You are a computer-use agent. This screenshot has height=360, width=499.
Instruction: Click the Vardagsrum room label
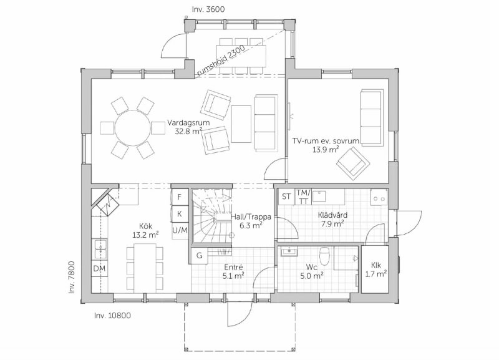pyautogui.click(x=189, y=123)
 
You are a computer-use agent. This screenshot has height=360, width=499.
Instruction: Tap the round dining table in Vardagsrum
pyautogui.click(x=132, y=128)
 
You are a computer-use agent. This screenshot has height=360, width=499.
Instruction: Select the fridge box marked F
pyautogui.click(x=179, y=197)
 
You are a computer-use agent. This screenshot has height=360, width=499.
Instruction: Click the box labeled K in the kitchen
pyautogui.click(x=179, y=214)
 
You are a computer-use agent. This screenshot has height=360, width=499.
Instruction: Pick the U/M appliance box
pyautogui.click(x=180, y=230)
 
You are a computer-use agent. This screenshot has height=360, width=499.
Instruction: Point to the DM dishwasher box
pyautogui.click(x=99, y=269)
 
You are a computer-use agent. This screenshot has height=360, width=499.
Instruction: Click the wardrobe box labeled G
pyautogui.click(x=200, y=255)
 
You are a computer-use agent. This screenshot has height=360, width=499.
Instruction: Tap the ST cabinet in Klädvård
pyautogui.click(x=286, y=197)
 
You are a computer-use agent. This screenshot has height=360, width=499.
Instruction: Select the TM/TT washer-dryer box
pyautogui.click(x=303, y=197)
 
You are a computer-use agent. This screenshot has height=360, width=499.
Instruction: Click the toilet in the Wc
pyautogui.click(x=325, y=256)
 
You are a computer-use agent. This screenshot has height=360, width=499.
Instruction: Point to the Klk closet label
pyautogui.click(x=376, y=265)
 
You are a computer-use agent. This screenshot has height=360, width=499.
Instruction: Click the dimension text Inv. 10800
pyautogui.click(x=112, y=316)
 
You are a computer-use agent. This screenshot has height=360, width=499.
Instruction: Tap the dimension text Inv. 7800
pyautogui.click(x=72, y=277)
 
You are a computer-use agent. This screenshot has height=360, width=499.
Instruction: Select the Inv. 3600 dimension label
pyautogui.click(x=208, y=9)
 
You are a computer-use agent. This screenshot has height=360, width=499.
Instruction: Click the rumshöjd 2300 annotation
pyautogui.click(x=221, y=61)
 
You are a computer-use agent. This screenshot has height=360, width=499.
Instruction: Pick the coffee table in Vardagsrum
pyautogui.click(x=241, y=124)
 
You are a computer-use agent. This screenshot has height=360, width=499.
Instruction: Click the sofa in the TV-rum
pyautogui.click(x=372, y=117)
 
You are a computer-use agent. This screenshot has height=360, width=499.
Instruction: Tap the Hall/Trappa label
pyautogui.click(x=251, y=217)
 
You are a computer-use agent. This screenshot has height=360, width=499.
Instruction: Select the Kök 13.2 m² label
pyautogui.click(x=145, y=230)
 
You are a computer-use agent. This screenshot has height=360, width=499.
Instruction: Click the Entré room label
pyautogui.click(x=233, y=267)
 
